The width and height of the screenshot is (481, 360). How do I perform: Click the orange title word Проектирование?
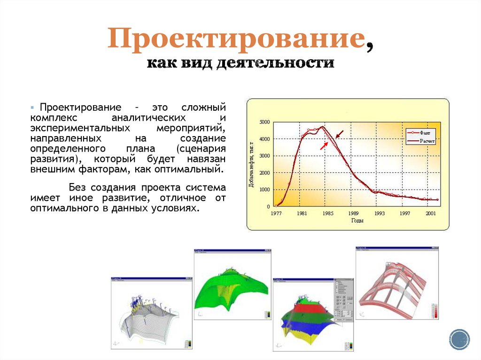tap(236, 39)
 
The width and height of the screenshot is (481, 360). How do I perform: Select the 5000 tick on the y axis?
tap(264, 122)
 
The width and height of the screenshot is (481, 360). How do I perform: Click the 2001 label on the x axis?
tap(431, 213)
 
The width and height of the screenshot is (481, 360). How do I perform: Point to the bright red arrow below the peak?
tap(324, 146)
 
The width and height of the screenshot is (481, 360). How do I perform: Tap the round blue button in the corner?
tap(459, 339)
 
